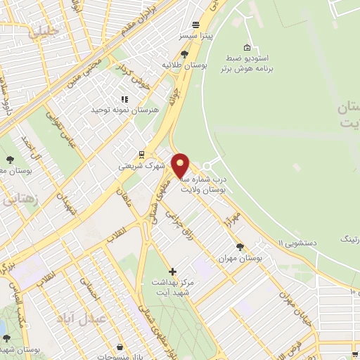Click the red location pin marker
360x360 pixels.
coord(181,165)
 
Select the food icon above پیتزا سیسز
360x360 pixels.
coord(204,21)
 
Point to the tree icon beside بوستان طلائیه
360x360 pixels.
coord(184,53)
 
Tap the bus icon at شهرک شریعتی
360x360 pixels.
coord(141,155)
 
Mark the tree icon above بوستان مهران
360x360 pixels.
coord(240,247)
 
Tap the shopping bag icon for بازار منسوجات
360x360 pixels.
coord(120,346)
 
